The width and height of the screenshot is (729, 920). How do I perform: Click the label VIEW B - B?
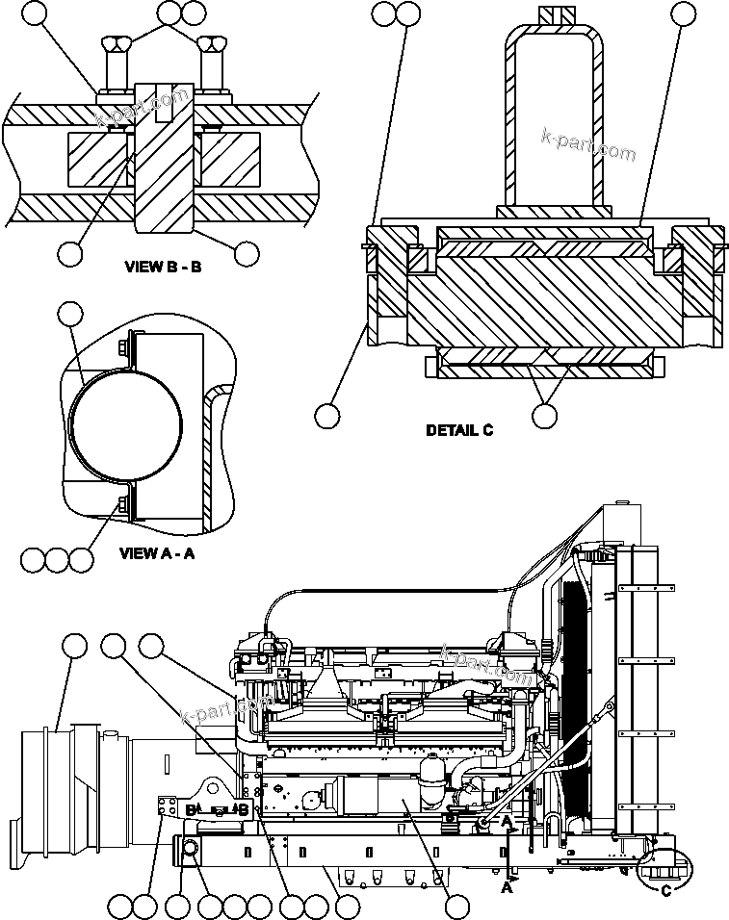click(163, 267)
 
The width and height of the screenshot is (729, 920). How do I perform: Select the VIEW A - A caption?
click(157, 553)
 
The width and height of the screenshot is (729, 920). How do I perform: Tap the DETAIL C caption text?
click(459, 430)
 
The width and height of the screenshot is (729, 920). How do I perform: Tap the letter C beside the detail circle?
click(666, 890)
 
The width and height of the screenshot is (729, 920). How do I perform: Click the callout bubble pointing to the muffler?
click(71, 647)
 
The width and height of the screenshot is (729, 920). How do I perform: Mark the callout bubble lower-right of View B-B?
click(247, 253)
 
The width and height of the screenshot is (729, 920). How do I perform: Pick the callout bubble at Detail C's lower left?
click(327, 415)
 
